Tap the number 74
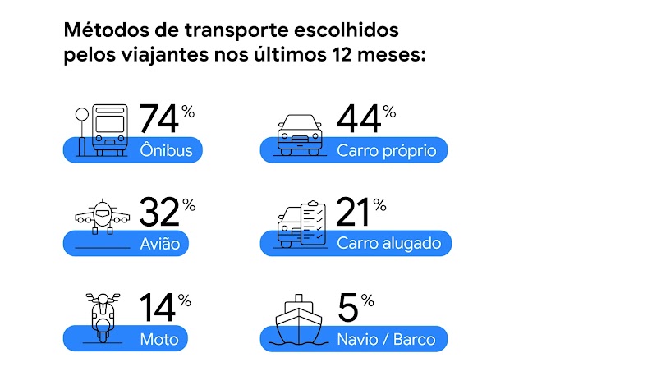[x=158, y=120]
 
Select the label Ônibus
[x=166, y=151]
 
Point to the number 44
[x=359, y=120]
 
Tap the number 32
[x=158, y=213]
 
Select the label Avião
[x=164, y=244]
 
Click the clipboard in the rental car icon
[x=313, y=219]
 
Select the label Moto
[x=163, y=338]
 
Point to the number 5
[x=348, y=308]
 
